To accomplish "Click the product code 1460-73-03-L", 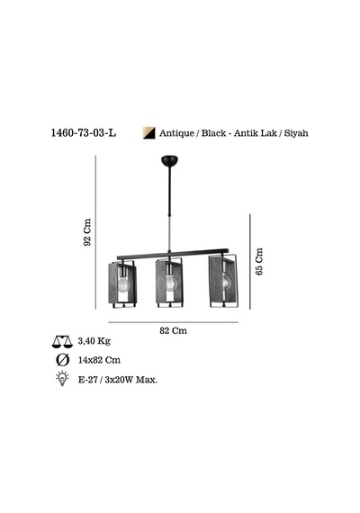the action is coord(84,133).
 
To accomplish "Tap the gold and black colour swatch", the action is coord(148,133).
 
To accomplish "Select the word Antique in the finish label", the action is coord(176,133).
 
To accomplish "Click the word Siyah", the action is coord(296,133).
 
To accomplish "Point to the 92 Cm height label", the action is coord(87,232).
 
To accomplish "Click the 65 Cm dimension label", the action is coord(259,261).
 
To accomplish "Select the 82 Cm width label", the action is coord(174,330).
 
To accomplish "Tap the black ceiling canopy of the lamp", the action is coord(170,160).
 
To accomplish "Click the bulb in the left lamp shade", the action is coord(123,284).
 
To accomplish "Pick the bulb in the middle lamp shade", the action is coord(170,283).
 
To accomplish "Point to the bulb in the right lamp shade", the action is coord(227,281).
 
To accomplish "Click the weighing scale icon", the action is coord(62,342).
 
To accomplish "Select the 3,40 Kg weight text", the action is coord(94,341).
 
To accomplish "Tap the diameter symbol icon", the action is coord(62,360).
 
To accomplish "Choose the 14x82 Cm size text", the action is coord(99,360).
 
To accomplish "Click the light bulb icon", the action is coord(62,379).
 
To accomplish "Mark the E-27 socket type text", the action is coord(87,380).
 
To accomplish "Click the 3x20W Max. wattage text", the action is coord(131,380).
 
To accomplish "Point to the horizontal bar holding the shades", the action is coord(173,254).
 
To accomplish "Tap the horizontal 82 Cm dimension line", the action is coord(173,322).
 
